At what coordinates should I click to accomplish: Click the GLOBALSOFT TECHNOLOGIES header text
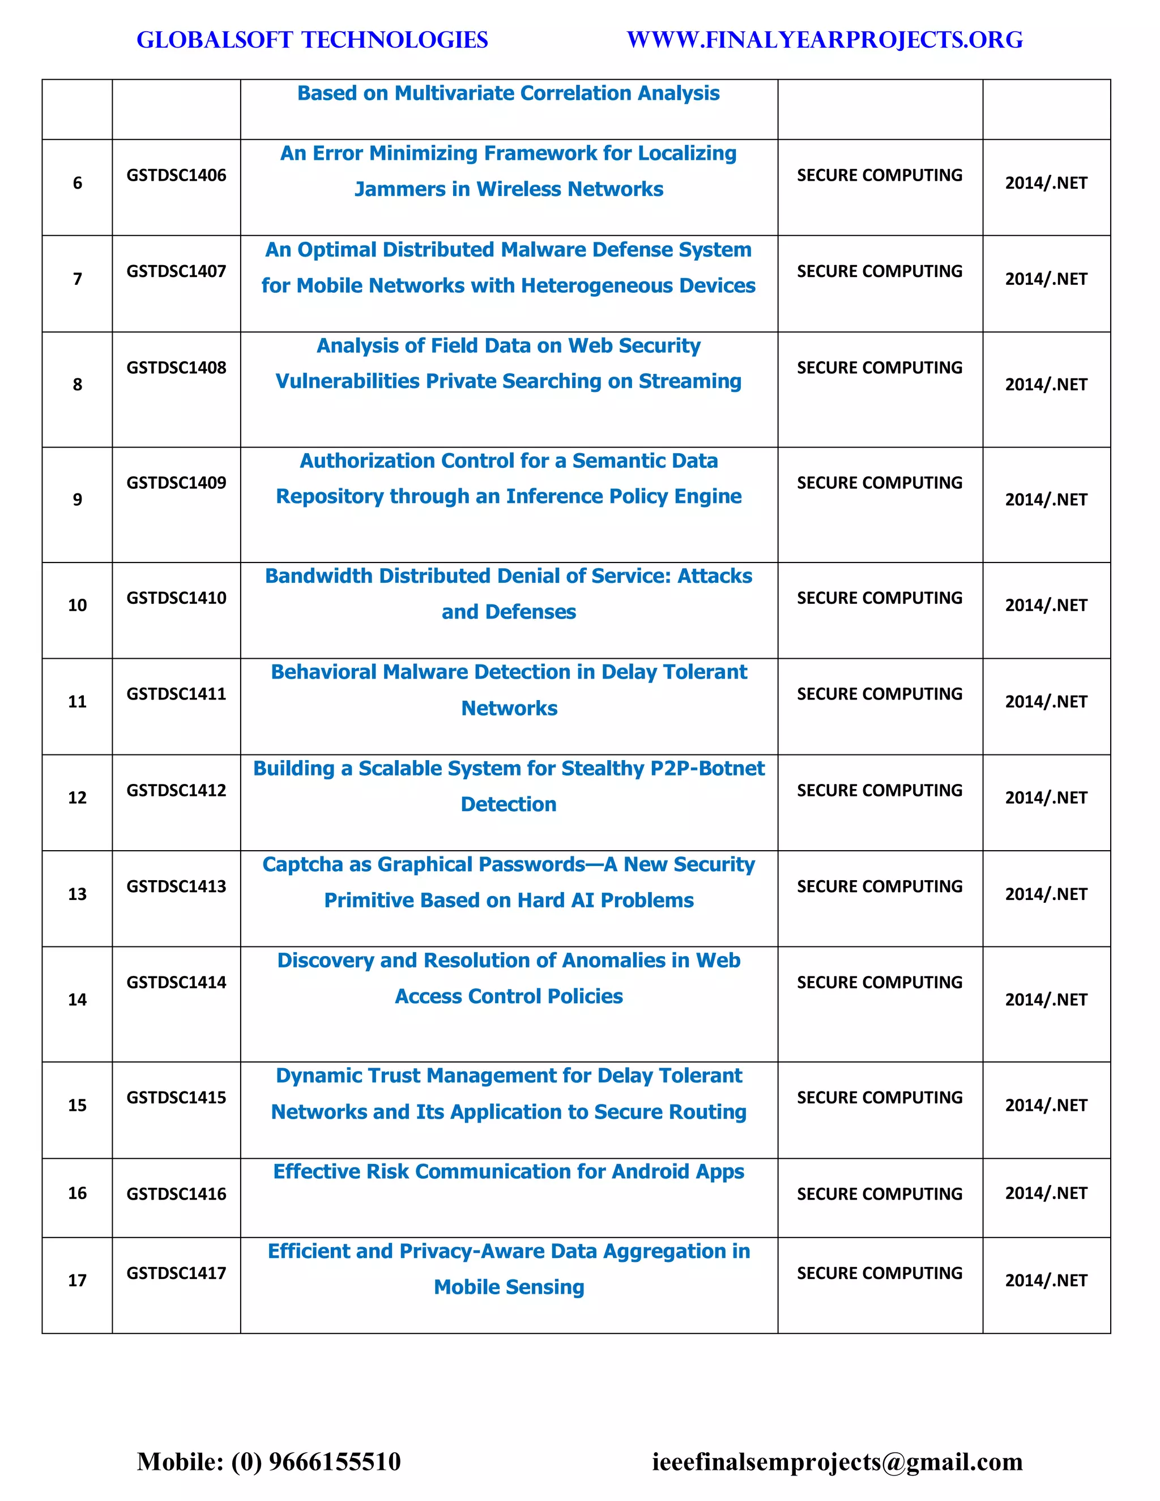tap(312, 40)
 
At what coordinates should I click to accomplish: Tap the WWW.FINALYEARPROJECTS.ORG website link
tap(824, 40)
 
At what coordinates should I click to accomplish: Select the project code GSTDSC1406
tap(176, 175)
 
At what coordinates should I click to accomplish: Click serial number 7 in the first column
tap(77, 279)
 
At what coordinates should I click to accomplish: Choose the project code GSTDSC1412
tap(176, 790)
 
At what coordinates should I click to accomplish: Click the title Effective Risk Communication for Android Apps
tap(509, 1171)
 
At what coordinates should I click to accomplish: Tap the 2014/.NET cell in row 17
tap(1046, 1281)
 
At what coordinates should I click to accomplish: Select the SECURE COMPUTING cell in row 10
tap(879, 598)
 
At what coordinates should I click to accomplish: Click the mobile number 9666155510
tap(334, 1461)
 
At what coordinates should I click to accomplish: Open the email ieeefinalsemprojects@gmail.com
tap(837, 1461)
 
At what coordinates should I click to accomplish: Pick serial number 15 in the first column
tap(77, 1105)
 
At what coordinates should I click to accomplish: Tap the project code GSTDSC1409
tap(176, 483)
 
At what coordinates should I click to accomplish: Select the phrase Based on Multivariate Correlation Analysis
tap(509, 93)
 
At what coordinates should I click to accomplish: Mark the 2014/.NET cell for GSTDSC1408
tap(1046, 384)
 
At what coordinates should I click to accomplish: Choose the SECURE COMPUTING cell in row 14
tap(879, 982)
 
